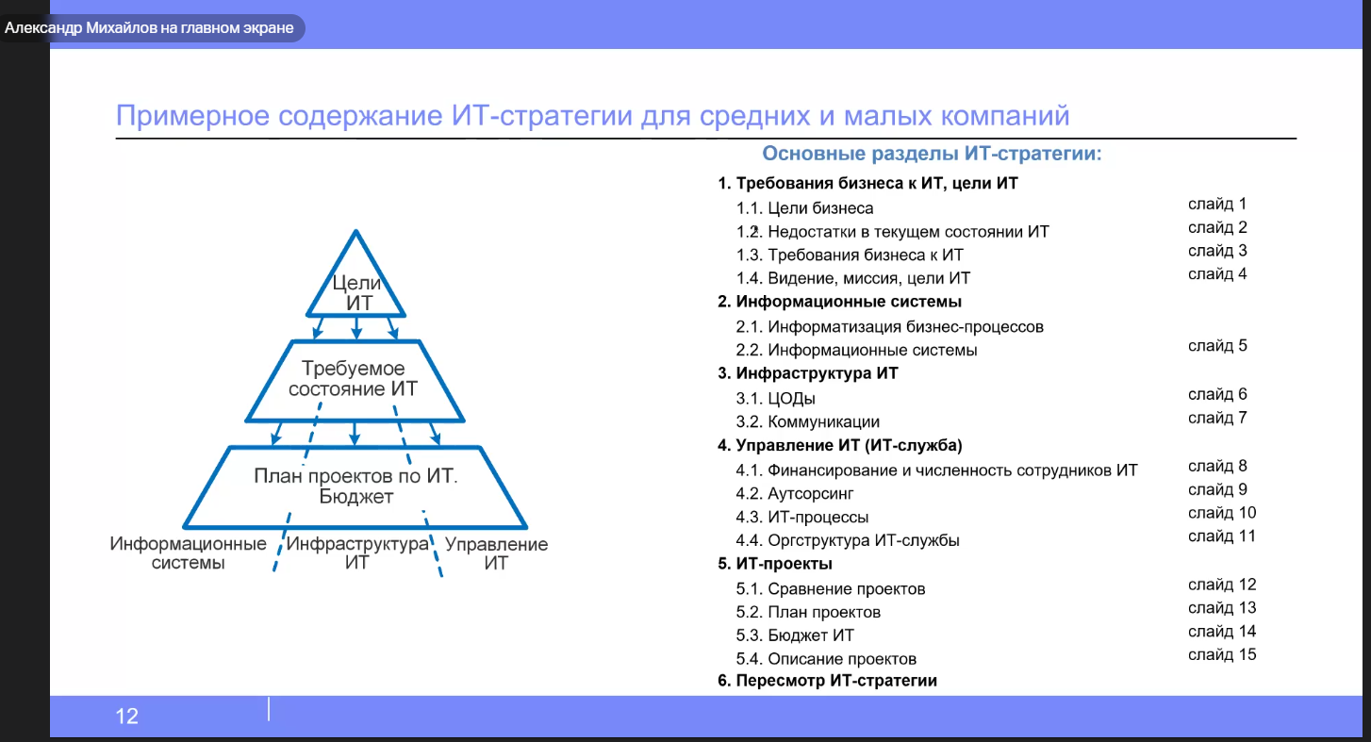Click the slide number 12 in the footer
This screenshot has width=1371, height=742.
click(126, 717)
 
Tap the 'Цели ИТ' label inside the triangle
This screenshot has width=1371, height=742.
click(356, 292)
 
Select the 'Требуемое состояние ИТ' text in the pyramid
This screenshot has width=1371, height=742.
click(354, 378)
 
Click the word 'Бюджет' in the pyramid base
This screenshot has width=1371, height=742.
click(356, 497)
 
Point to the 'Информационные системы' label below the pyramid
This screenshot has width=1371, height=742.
click(188, 552)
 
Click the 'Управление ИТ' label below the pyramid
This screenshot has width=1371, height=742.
click(496, 553)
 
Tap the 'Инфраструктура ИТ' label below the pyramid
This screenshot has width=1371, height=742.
click(356, 552)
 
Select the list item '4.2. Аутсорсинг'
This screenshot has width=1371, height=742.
click(795, 493)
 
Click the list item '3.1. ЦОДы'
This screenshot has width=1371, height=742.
click(775, 399)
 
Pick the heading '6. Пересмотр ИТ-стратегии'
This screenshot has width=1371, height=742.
click(827, 680)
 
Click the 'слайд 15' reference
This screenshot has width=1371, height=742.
click(1222, 654)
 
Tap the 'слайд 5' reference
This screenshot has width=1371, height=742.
click(1217, 346)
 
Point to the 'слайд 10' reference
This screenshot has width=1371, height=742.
click(1222, 512)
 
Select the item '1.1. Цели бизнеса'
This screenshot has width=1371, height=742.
click(804, 208)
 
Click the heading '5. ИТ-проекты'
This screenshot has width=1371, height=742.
click(775, 563)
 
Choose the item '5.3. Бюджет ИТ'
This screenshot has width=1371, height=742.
click(795, 635)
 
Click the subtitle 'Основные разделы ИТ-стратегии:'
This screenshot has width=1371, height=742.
click(932, 153)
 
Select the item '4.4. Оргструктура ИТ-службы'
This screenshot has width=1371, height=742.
click(847, 540)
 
